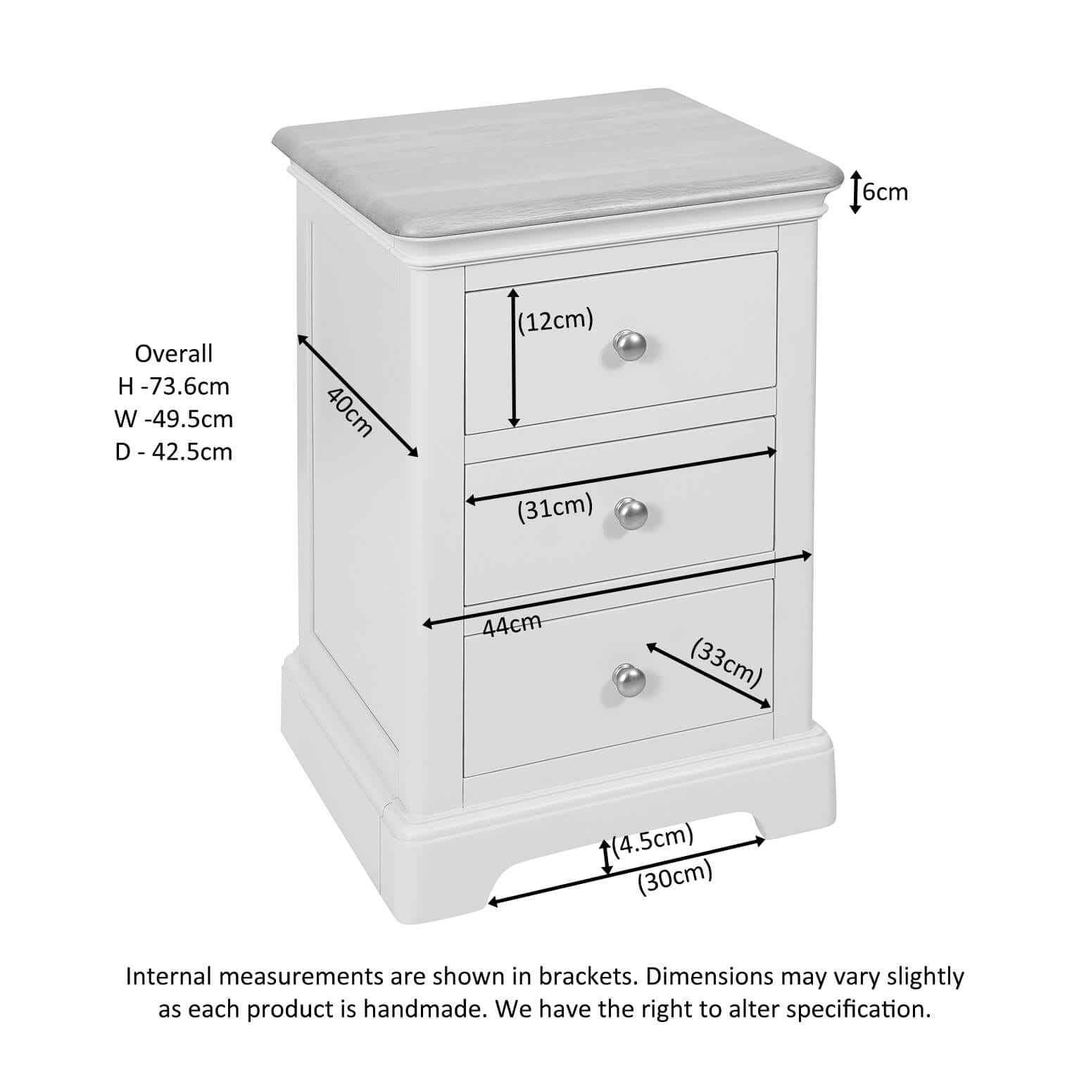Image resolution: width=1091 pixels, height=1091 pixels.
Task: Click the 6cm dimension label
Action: point(885,191)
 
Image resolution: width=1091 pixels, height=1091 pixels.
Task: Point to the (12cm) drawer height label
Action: point(555,321)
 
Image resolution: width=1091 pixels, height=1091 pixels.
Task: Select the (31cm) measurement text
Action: point(555,508)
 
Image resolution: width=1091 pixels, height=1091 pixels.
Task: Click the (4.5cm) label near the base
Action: point(652,840)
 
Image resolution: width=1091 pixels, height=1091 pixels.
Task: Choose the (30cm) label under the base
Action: point(675,879)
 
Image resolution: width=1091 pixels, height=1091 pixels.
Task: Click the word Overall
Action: point(173,353)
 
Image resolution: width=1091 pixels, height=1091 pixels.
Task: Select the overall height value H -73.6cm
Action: point(173,386)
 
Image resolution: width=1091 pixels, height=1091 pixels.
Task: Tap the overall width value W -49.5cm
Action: point(173,419)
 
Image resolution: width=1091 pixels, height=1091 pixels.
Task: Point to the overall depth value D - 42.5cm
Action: point(173,451)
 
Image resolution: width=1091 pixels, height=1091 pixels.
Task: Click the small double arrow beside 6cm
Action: point(854,191)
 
